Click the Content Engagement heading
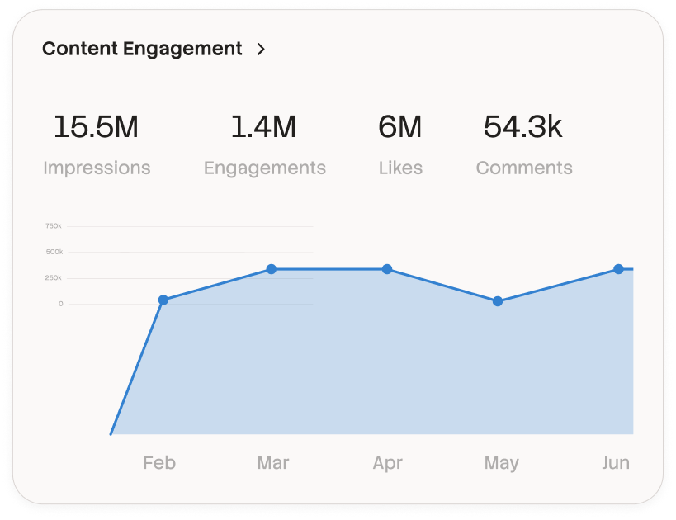pos(142,49)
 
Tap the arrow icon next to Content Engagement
pos(261,50)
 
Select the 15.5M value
pos(96,127)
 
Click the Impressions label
pos(97,168)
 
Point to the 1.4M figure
pos(263,127)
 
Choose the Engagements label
pos(265,168)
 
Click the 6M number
pos(400,127)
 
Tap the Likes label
pos(400,168)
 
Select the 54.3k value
pos(523,127)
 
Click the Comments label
pos(524,168)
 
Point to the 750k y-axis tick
pos(54,225)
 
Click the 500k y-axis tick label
pos(54,252)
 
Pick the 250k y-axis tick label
pos(54,277)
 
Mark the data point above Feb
pos(163,300)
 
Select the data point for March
pos(272,269)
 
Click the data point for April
pos(387,269)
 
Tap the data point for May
pos(498,301)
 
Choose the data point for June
pos(618,269)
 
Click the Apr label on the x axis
pos(387,463)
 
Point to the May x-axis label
pos(501,463)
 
